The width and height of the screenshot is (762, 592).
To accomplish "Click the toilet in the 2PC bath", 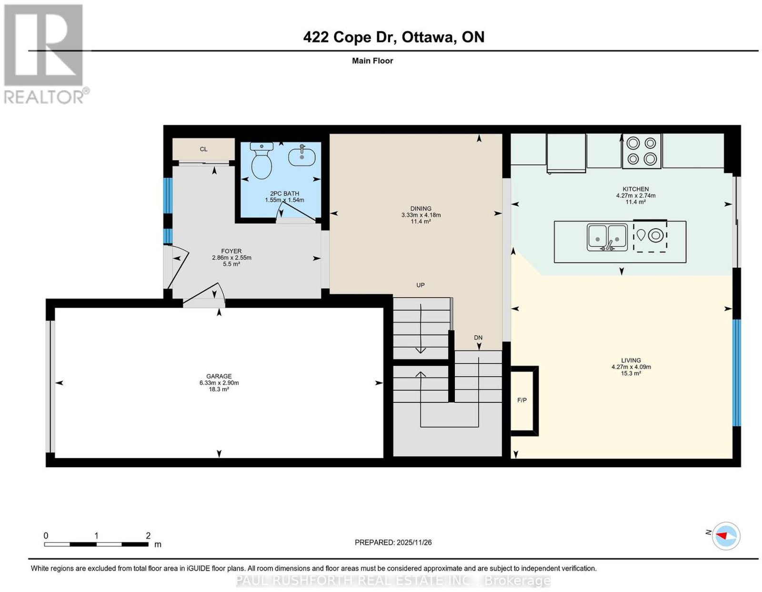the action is (x=261, y=161).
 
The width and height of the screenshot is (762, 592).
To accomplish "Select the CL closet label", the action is (x=203, y=149).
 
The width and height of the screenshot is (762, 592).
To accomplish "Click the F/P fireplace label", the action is (x=522, y=400).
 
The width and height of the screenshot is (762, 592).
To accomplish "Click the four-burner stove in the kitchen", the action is (x=642, y=151).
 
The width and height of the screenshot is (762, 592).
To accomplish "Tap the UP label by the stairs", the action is (x=420, y=285).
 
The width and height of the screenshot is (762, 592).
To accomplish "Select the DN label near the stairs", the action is (x=478, y=338).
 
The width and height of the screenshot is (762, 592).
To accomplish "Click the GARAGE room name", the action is (x=219, y=376).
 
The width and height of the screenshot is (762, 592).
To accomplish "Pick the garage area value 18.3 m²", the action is (x=219, y=389).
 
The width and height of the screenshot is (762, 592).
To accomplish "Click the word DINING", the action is (x=421, y=209).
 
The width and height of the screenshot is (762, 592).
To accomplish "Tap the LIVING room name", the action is (x=631, y=360).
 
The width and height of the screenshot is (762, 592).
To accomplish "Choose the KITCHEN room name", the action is (x=635, y=189).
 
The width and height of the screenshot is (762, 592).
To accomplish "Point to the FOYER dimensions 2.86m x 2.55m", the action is (x=231, y=258).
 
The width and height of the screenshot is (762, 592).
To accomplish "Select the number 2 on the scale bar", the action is (x=148, y=536).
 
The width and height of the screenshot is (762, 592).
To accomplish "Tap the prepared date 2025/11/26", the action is (x=414, y=542).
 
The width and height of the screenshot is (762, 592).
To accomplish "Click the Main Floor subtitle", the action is (x=372, y=60).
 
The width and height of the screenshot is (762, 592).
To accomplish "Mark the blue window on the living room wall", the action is (x=737, y=372).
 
